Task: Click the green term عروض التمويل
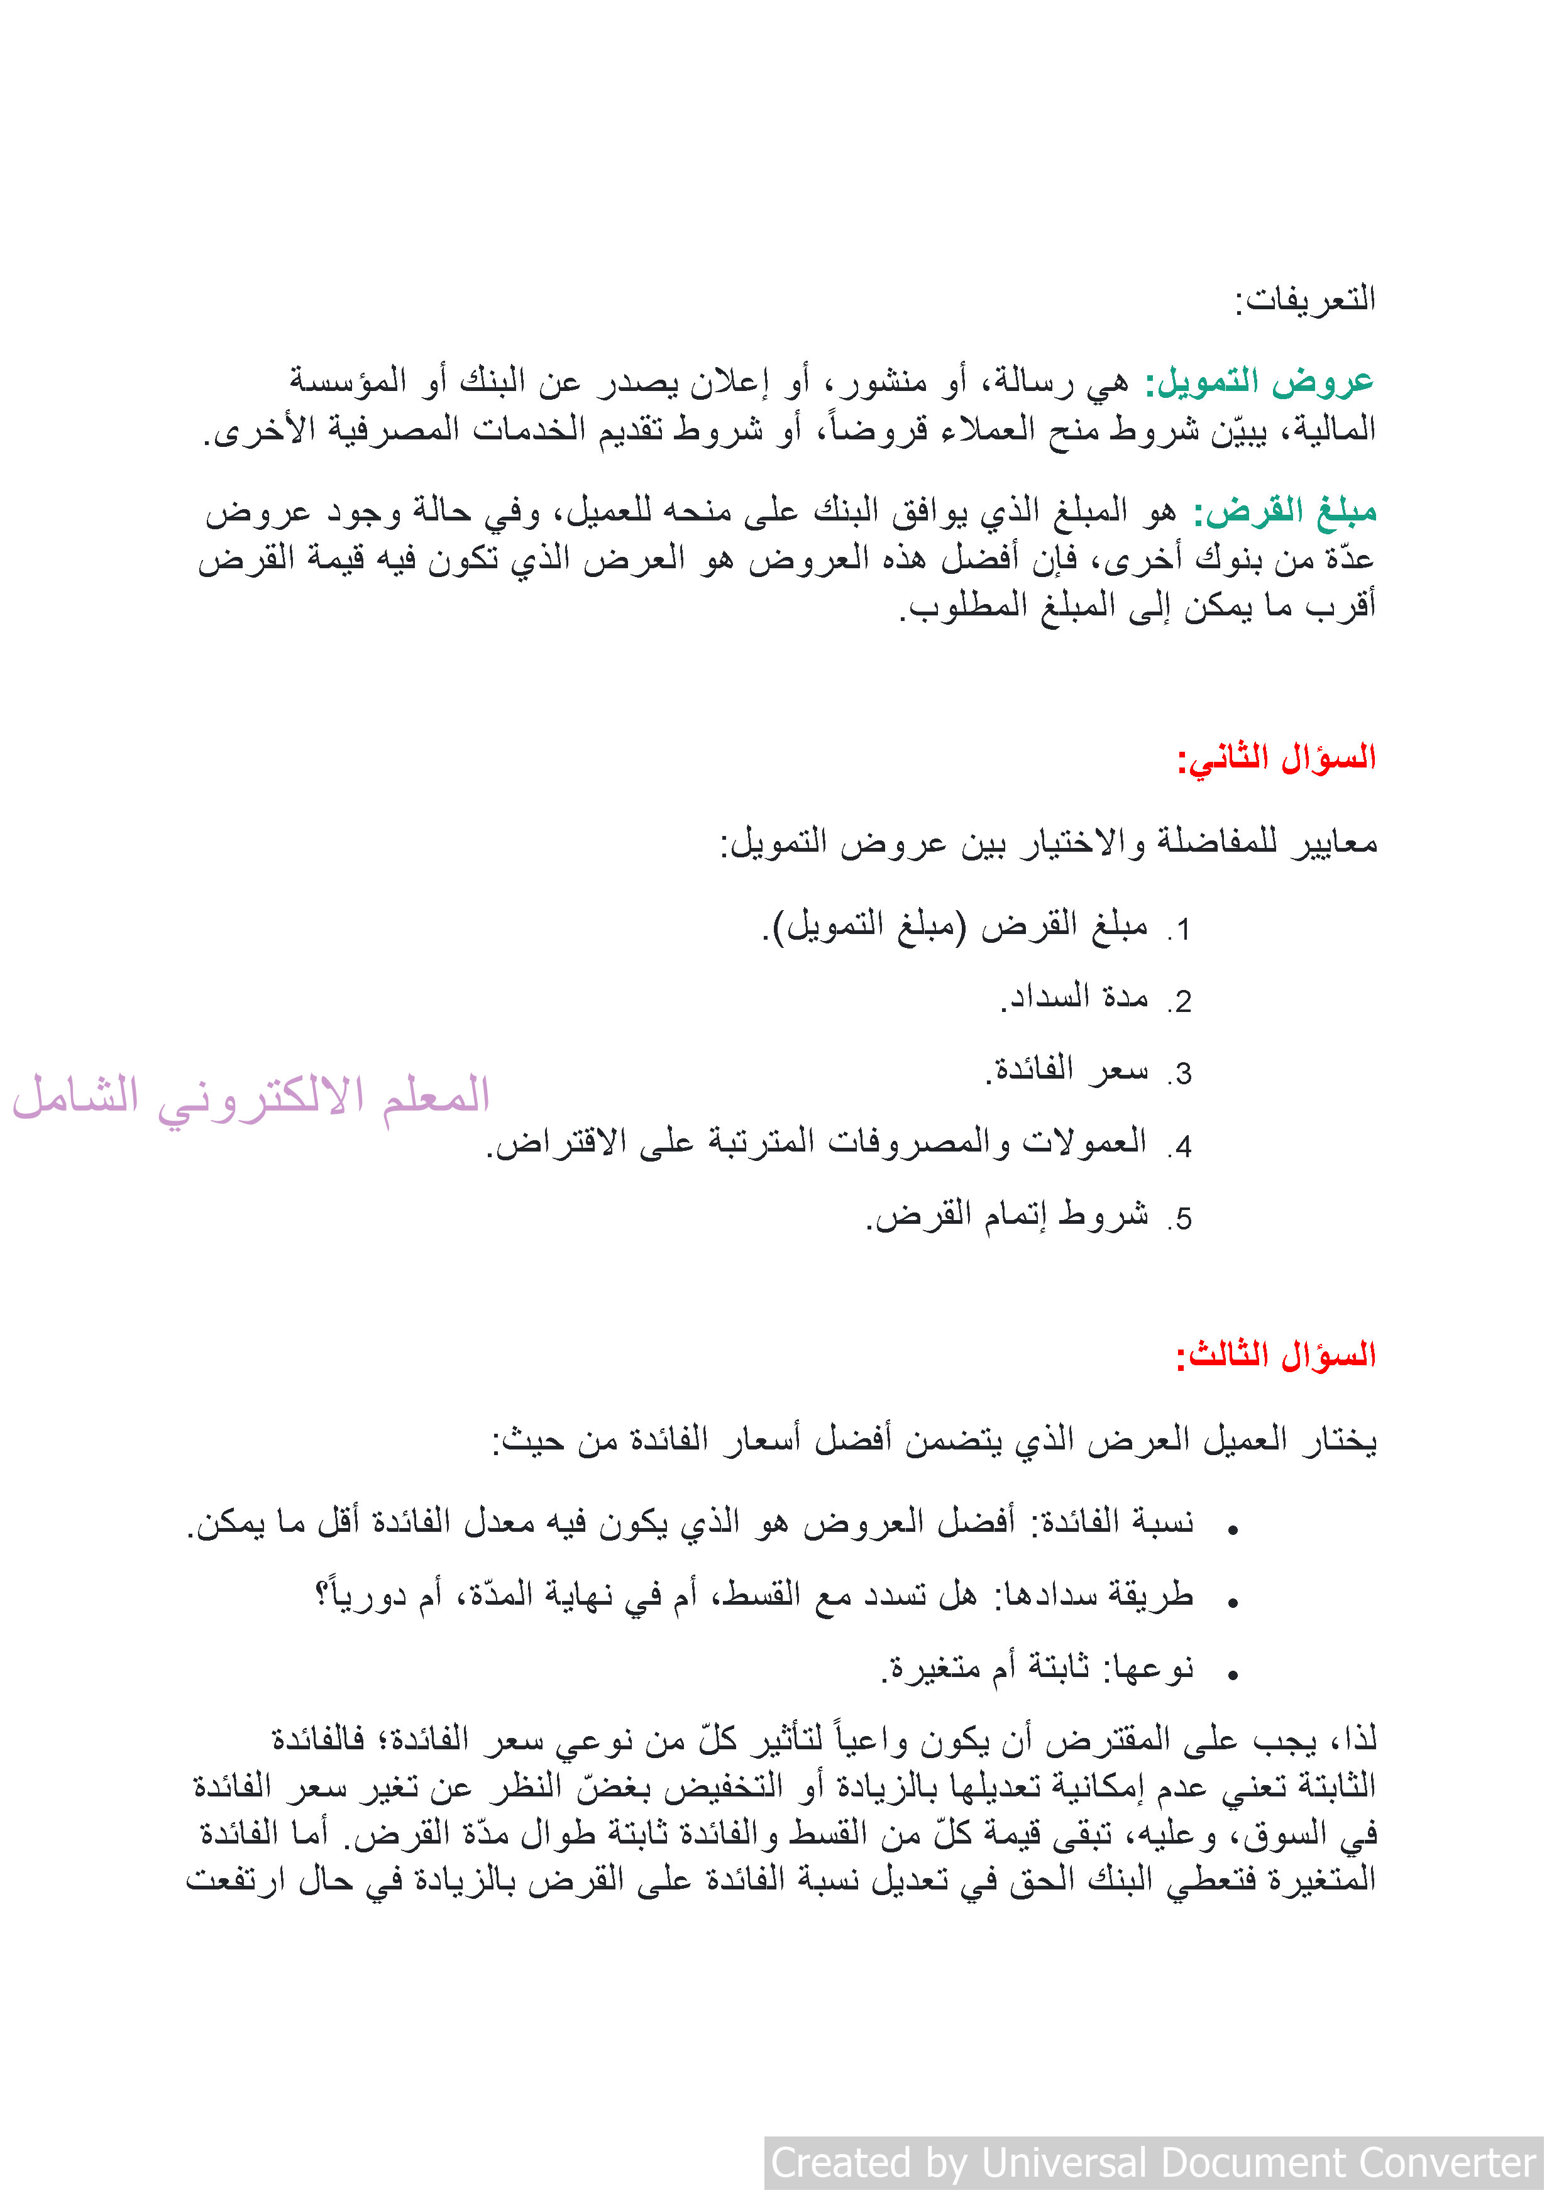tap(1259, 382)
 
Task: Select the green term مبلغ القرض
tap(1286, 512)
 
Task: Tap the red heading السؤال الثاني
tap(1277, 759)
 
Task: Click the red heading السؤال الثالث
tap(1277, 1356)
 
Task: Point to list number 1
tap(1182, 930)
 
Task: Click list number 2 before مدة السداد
tap(1182, 1002)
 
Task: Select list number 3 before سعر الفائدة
tap(1182, 1074)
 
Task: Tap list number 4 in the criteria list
tap(1182, 1146)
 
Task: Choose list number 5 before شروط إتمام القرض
tap(1182, 1219)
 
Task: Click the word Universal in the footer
tap(1064, 2163)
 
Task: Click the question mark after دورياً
tap(324, 1595)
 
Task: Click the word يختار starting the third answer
tap(1339, 1441)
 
